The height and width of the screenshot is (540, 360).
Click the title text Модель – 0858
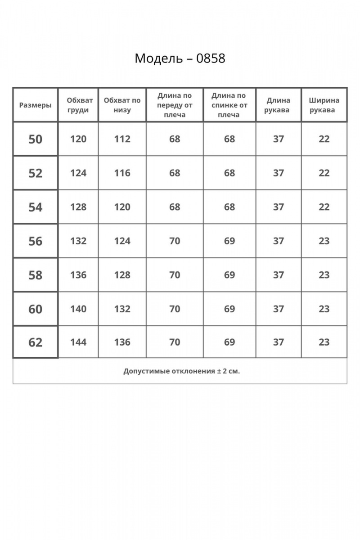pos(180,58)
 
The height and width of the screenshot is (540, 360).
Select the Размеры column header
pos(36,105)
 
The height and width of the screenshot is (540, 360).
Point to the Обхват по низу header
pos(122,105)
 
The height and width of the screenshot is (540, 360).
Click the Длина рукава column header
pos(278,105)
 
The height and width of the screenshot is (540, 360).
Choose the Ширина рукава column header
pos(324,105)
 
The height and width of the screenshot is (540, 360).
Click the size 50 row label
pos(35,139)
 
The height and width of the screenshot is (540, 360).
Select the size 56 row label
pos(35,241)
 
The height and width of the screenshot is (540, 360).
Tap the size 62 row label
pos(35,342)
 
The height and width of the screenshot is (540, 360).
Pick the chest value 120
pos(78,139)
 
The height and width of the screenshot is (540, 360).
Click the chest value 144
pos(78,342)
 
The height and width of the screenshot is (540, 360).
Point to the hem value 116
pos(122,173)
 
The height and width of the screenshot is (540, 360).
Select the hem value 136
pos(122,342)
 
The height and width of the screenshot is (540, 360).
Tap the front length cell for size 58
pos(175,275)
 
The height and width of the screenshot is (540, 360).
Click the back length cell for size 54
pos(229,207)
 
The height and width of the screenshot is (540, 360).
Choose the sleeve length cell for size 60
pos(279,309)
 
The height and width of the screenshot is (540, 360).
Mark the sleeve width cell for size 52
pos(324,173)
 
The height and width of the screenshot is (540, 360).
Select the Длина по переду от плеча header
pos(175,105)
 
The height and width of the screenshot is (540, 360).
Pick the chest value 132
pos(78,241)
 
